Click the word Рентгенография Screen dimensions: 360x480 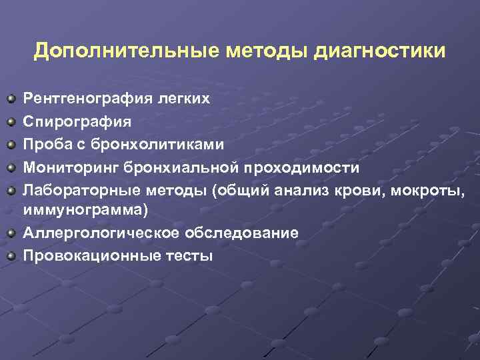(89, 99)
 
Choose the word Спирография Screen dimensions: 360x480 (77, 122)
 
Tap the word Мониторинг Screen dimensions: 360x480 (70, 167)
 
